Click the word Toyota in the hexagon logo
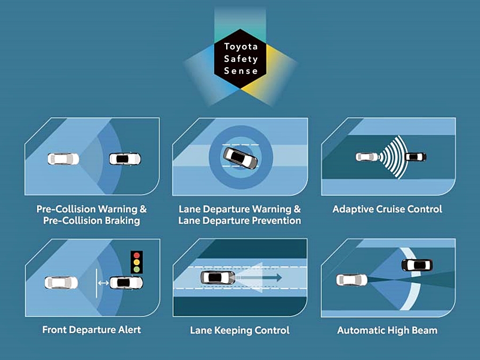tap(241, 47)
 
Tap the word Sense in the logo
tap(241, 70)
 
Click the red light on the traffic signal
tap(138, 255)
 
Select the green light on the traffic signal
tap(138, 269)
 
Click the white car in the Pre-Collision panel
tap(63, 158)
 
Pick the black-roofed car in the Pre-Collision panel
tap(125, 159)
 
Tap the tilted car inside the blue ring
tap(241, 158)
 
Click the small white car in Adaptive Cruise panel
tap(367, 157)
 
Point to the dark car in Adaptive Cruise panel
tap(415, 157)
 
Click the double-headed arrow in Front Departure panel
tap(103, 283)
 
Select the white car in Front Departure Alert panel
tap(60, 282)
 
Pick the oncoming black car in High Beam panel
tap(417, 265)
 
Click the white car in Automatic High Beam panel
tap(352, 279)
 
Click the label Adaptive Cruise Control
tap(387, 209)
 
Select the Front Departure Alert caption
tap(92, 330)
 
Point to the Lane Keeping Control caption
tap(240, 331)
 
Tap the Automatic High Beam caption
tap(387, 331)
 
